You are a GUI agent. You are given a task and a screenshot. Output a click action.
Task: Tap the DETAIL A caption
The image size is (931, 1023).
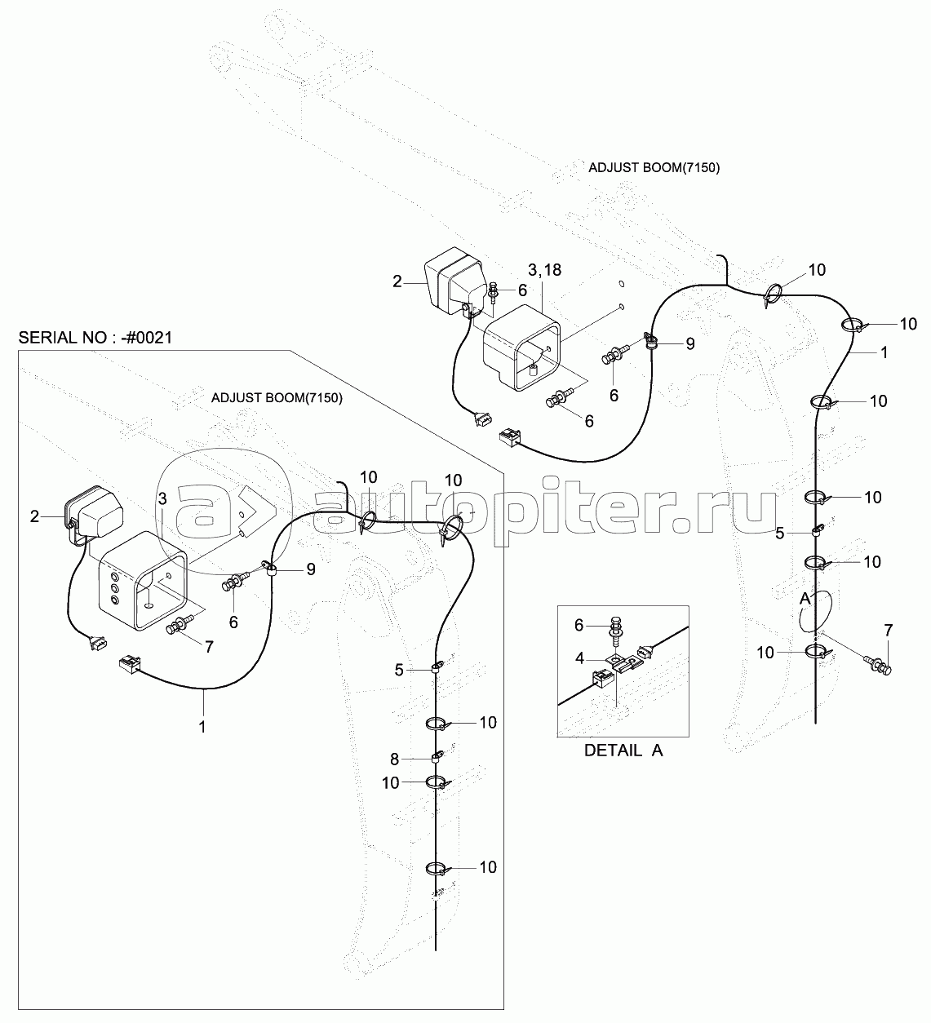click(x=623, y=751)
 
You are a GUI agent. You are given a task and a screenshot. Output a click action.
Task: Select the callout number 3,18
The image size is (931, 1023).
click(x=545, y=270)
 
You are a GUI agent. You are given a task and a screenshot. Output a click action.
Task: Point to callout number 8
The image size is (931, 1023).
click(x=394, y=759)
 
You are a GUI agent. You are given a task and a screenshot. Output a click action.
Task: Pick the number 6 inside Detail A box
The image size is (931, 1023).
click(x=579, y=625)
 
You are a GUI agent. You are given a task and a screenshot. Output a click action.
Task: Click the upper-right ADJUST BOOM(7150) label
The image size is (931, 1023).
click(x=654, y=168)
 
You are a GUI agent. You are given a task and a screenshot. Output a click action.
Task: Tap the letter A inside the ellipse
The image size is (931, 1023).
click(x=804, y=599)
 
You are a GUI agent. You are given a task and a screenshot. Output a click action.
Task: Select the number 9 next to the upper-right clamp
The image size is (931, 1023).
click(x=690, y=343)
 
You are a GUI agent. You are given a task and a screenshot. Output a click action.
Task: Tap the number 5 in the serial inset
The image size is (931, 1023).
click(x=398, y=671)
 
